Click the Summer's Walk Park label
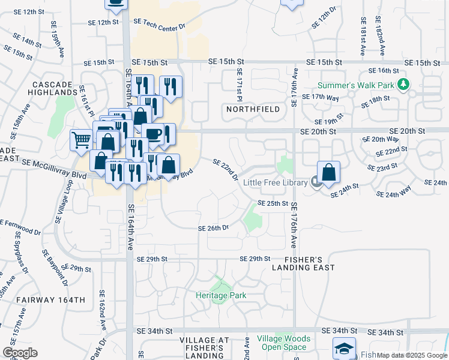356,85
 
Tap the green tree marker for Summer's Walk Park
405,85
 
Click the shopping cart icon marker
81,140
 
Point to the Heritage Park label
221,295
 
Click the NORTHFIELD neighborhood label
253,109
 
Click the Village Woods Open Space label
284,343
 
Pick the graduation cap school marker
345,348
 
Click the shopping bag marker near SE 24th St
329,172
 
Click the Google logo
20,353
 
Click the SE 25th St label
273,203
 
